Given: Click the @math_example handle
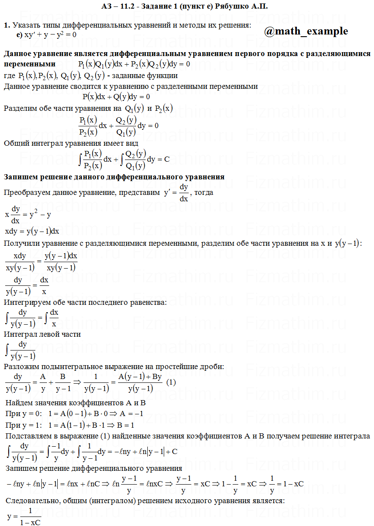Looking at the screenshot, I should click(x=305, y=31).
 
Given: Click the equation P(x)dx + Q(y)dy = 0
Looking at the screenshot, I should click(x=116, y=97).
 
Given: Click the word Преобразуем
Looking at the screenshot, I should click(x=24, y=193).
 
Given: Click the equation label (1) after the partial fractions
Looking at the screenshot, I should click(x=171, y=382).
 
